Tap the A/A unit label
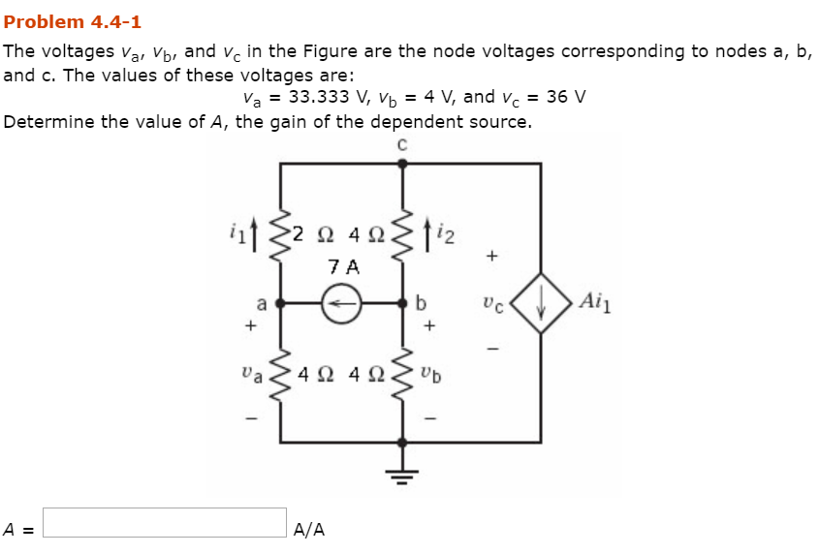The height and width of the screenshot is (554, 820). [309, 530]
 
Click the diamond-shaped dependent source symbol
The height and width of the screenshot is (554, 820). [541, 303]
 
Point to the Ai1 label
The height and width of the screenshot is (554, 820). [595, 301]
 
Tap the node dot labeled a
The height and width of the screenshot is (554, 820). [281, 303]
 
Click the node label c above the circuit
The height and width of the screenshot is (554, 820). [403, 144]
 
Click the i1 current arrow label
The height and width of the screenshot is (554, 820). [240, 231]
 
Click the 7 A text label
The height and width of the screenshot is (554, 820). [342, 265]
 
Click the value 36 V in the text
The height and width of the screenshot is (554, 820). [565, 98]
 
